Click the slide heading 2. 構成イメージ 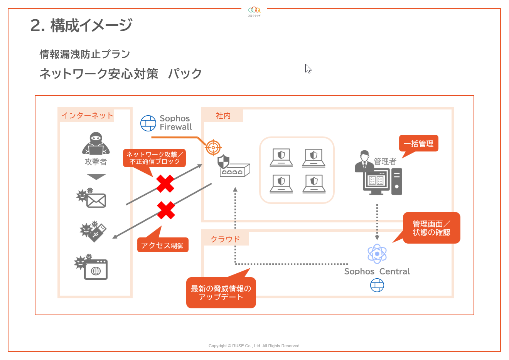[81, 25]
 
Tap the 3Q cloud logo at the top [254, 11]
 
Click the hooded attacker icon [96, 143]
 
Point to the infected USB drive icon [93, 231]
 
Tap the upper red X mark [165, 183]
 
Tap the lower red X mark [166, 210]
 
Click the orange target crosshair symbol [213, 147]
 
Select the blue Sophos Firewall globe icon [148, 123]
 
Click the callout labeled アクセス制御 [162, 245]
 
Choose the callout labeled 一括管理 [418, 143]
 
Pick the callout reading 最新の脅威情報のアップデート [221, 293]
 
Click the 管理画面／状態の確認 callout [431, 228]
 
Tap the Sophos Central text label [377, 271]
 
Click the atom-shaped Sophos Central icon [377, 254]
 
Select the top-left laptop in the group [281, 157]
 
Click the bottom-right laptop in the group [314, 183]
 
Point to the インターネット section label [87, 115]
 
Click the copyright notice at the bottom [254, 346]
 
